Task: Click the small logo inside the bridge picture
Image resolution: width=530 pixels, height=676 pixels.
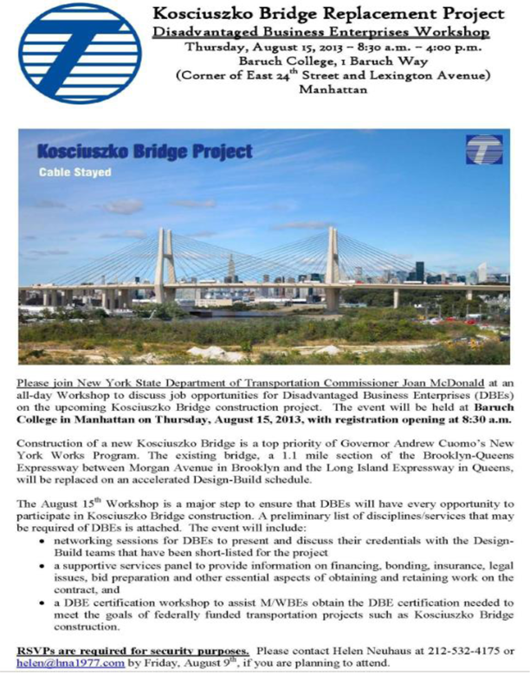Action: pyautogui.click(x=481, y=150)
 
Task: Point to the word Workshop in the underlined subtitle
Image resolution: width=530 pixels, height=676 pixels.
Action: pyautogui.click(x=451, y=32)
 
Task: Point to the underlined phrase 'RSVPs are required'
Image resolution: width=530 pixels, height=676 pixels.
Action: pyautogui.click(x=66, y=651)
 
